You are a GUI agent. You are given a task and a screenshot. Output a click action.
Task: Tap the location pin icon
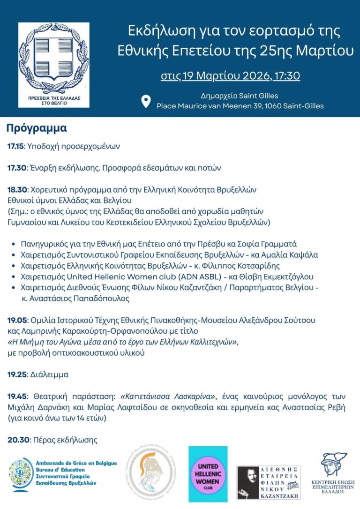[146, 101]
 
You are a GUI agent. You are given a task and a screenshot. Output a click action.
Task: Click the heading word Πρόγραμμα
[37, 128]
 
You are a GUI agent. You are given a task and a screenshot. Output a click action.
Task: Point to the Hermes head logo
[334, 465]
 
